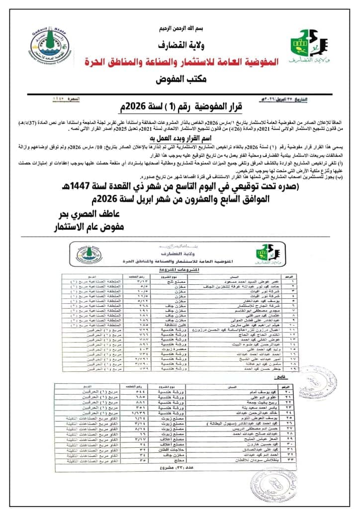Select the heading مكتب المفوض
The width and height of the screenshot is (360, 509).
(x=180, y=79)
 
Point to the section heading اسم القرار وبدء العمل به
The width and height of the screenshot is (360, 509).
(x=180, y=135)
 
